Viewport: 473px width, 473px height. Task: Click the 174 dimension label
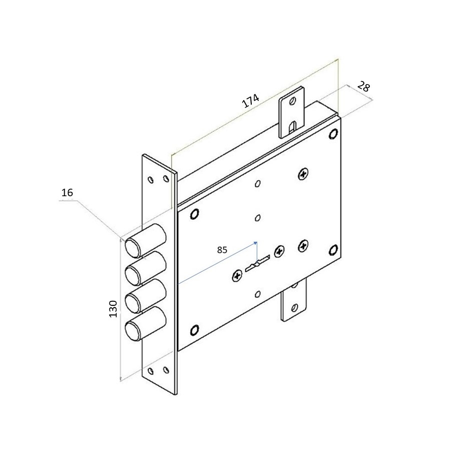click(x=251, y=101)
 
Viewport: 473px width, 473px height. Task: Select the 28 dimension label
click(x=363, y=87)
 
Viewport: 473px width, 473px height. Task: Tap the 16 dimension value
click(x=67, y=193)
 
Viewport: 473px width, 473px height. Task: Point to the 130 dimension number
click(x=113, y=309)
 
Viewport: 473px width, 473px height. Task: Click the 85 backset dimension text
click(x=222, y=250)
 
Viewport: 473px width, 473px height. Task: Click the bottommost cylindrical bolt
click(x=145, y=324)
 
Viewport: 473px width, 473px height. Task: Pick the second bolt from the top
click(x=145, y=268)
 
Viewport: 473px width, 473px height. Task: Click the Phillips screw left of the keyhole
click(x=237, y=275)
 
